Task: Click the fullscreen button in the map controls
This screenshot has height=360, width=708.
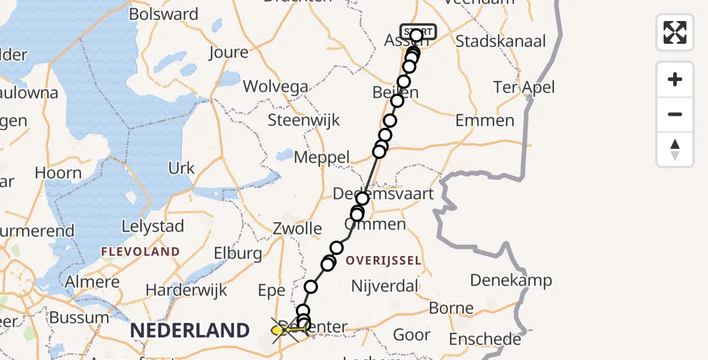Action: coord(675,32)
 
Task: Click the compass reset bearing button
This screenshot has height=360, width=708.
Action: coord(675,149)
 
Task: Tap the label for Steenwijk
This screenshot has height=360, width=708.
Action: coord(304,119)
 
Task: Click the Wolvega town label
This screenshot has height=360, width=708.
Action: coord(275,86)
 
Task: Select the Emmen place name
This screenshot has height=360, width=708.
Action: coord(485,120)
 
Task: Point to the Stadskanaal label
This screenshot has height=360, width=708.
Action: coord(500,41)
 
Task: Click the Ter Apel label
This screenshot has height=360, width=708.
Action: coord(524,87)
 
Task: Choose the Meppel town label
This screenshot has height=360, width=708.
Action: coord(322,158)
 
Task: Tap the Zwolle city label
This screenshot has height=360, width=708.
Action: coord(297,229)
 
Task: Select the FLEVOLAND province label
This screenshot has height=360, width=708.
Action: coord(140,251)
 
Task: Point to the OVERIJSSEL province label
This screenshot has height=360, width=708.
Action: coord(383,260)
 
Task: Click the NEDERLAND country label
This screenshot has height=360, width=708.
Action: coord(190,330)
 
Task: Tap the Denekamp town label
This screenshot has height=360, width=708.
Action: coord(511,280)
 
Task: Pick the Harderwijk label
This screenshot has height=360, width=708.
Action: coord(187,290)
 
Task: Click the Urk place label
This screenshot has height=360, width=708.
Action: coord(182,168)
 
